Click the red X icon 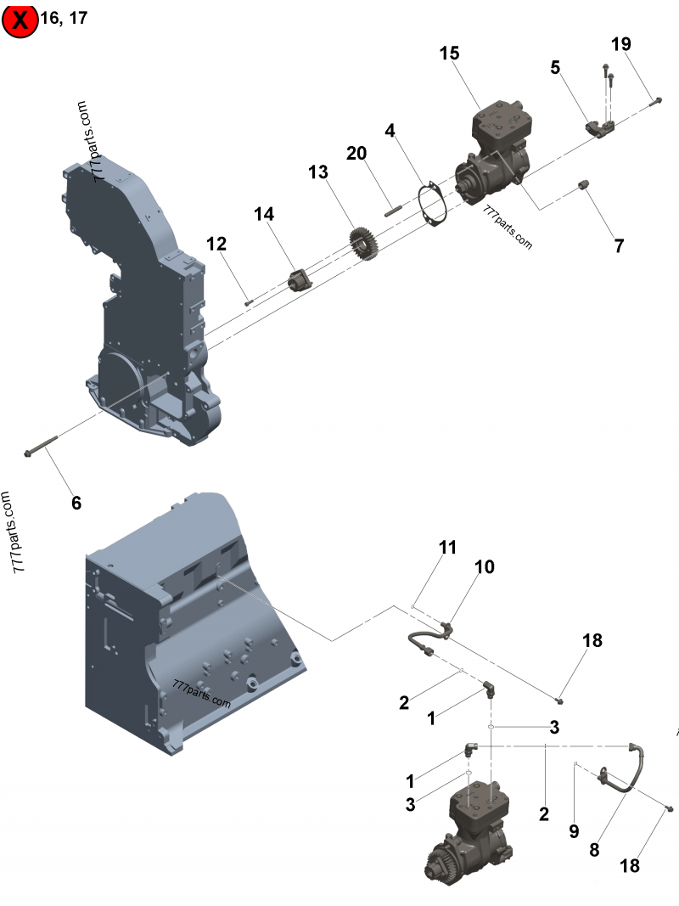pyautogui.click(x=20, y=20)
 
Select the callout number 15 pyautogui.click(x=449, y=53)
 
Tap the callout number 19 pyautogui.click(x=621, y=44)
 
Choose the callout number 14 pyautogui.click(x=264, y=215)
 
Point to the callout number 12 pyautogui.click(x=216, y=245)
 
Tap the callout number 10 pyautogui.click(x=484, y=566)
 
